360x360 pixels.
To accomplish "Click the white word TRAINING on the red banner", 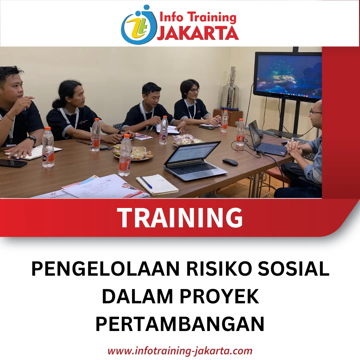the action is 180,218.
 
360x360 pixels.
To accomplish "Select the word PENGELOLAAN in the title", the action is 105,269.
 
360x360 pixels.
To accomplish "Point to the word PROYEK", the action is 219,296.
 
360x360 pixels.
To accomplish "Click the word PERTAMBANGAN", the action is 180,324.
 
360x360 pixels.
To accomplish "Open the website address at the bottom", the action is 180,351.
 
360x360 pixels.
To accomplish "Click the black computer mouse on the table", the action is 230,162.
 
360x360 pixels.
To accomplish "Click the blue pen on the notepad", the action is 146,182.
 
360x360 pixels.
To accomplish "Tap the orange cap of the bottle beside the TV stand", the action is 241,120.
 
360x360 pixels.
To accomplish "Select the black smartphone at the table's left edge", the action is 13,163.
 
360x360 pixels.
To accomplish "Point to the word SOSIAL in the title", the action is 294,269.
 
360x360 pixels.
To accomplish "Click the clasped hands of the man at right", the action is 294,148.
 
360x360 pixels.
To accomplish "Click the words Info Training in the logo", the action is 198,18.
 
